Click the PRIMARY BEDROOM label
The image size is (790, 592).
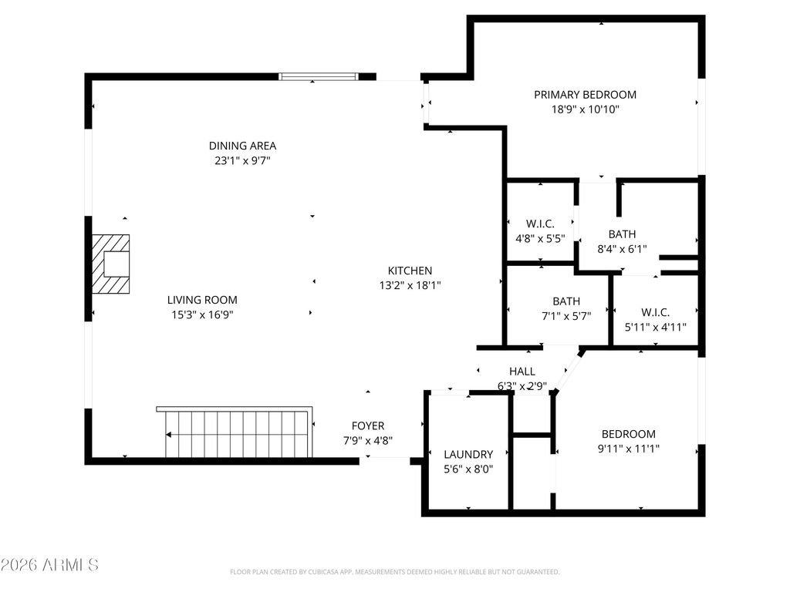[x=585, y=95]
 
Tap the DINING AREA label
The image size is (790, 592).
[x=242, y=146]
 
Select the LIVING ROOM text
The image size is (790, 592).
[x=202, y=300]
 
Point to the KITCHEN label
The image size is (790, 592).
[x=410, y=271]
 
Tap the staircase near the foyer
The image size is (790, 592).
[x=236, y=433]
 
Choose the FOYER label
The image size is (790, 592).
[x=368, y=425]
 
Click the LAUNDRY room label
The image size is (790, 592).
[x=468, y=454]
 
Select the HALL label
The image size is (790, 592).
[x=522, y=372]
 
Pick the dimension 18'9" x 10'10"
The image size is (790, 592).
[x=585, y=109]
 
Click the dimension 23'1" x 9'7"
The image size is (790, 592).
[x=242, y=160]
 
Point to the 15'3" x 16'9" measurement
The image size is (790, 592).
[x=202, y=314]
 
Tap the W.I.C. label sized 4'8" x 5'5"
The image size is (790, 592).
[x=540, y=224]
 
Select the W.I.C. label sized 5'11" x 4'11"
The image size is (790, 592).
[x=655, y=312]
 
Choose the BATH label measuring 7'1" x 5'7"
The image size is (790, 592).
[x=566, y=301]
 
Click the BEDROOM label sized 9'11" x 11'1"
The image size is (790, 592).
[x=629, y=434]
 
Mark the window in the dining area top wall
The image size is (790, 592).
[x=319, y=76]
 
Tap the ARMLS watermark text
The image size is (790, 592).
[x=50, y=565]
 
